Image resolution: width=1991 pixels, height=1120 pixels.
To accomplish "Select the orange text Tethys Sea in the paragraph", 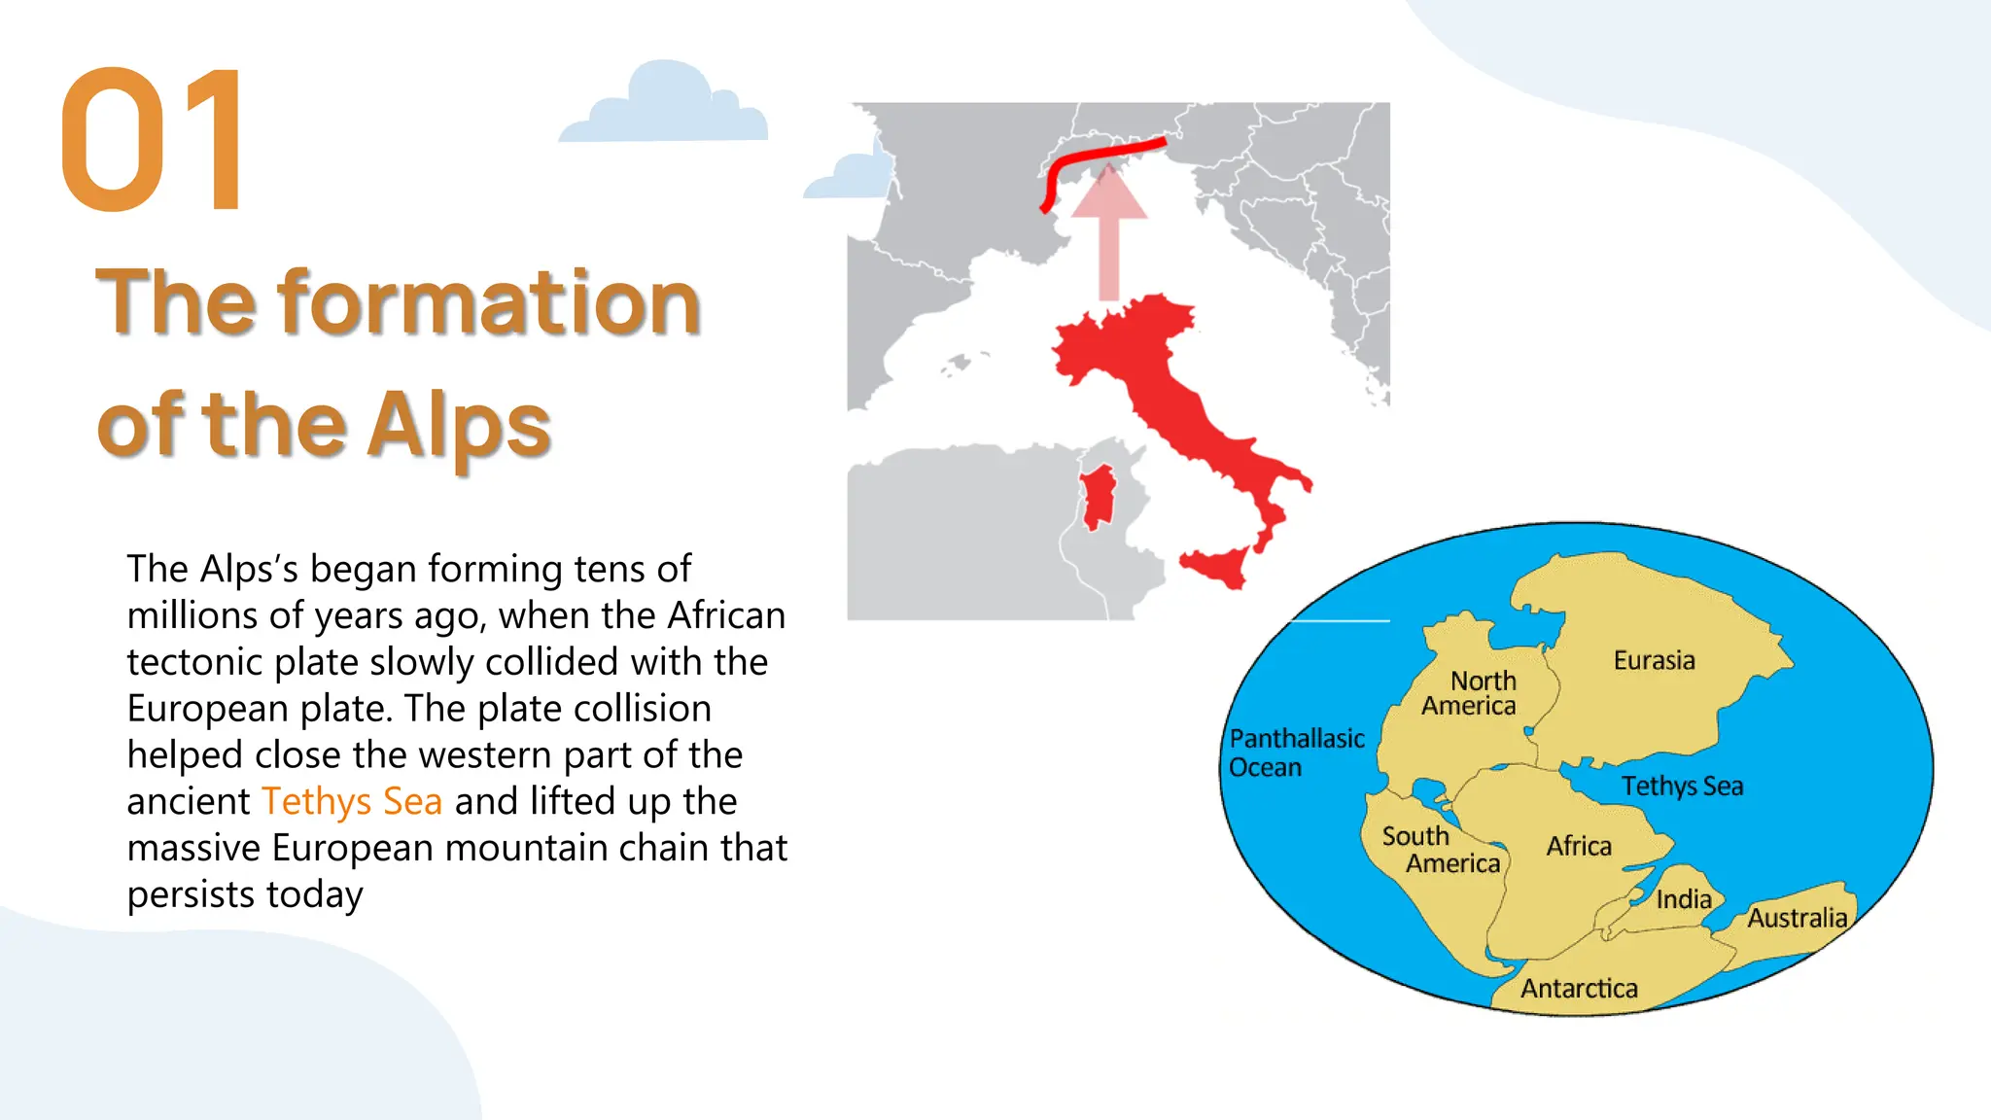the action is pyautogui.click(x=352, y=801).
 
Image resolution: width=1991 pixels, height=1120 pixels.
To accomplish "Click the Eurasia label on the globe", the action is pyautogui.click(x=1654, y=661).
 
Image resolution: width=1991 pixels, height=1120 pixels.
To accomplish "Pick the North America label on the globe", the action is pyautogui.click(x=1471, y=693).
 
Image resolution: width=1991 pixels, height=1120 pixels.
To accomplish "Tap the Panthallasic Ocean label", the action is pyautogui.click(x=1295, y=753).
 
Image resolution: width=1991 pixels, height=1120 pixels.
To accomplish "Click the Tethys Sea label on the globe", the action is pyautogui.click(x=1682, y=786).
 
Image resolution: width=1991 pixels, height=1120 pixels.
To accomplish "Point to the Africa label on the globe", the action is pyautogui.click(x=1579, y=846).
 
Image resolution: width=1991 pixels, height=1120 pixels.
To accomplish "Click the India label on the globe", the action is pyautogui.click(x=1684, y=899).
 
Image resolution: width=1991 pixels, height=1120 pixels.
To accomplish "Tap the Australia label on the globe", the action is pyautogui.click(x=1797, y=918).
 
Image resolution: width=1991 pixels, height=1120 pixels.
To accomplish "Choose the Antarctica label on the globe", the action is pyautogui.click(x=1579, y=989).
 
